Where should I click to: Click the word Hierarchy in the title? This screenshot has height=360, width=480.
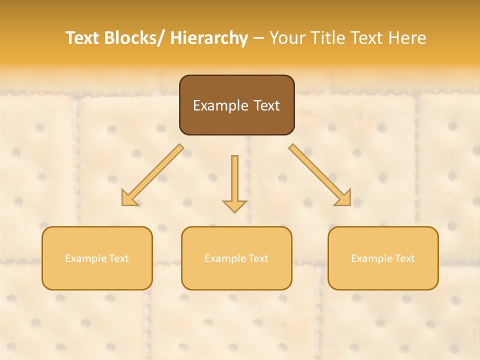[x=209, y=38]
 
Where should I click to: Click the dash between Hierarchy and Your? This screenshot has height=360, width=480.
[x=258, y=38]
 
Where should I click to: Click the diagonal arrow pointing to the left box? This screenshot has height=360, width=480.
[x=152, y=175]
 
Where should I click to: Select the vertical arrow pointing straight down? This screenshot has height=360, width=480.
[x=234, y=182]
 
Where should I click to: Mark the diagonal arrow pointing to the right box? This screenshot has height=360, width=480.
[x=320, y=175]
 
